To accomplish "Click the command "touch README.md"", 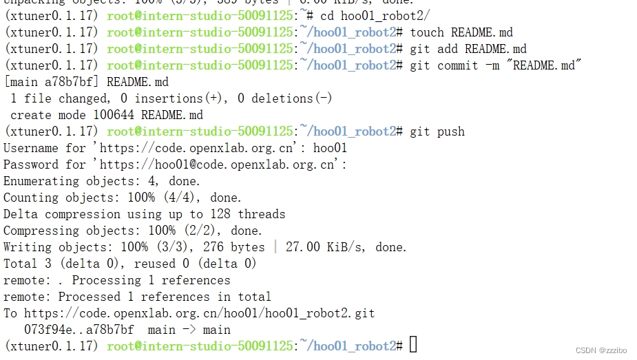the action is coord(461,32).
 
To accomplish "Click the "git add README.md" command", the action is coord(468,49).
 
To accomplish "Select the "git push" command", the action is coord(437,131).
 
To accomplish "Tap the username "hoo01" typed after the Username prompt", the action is coord(330,148).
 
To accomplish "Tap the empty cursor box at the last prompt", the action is coord(413,345).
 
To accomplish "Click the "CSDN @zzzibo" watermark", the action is coord(601,350).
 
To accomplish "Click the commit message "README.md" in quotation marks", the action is coord(550,65).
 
